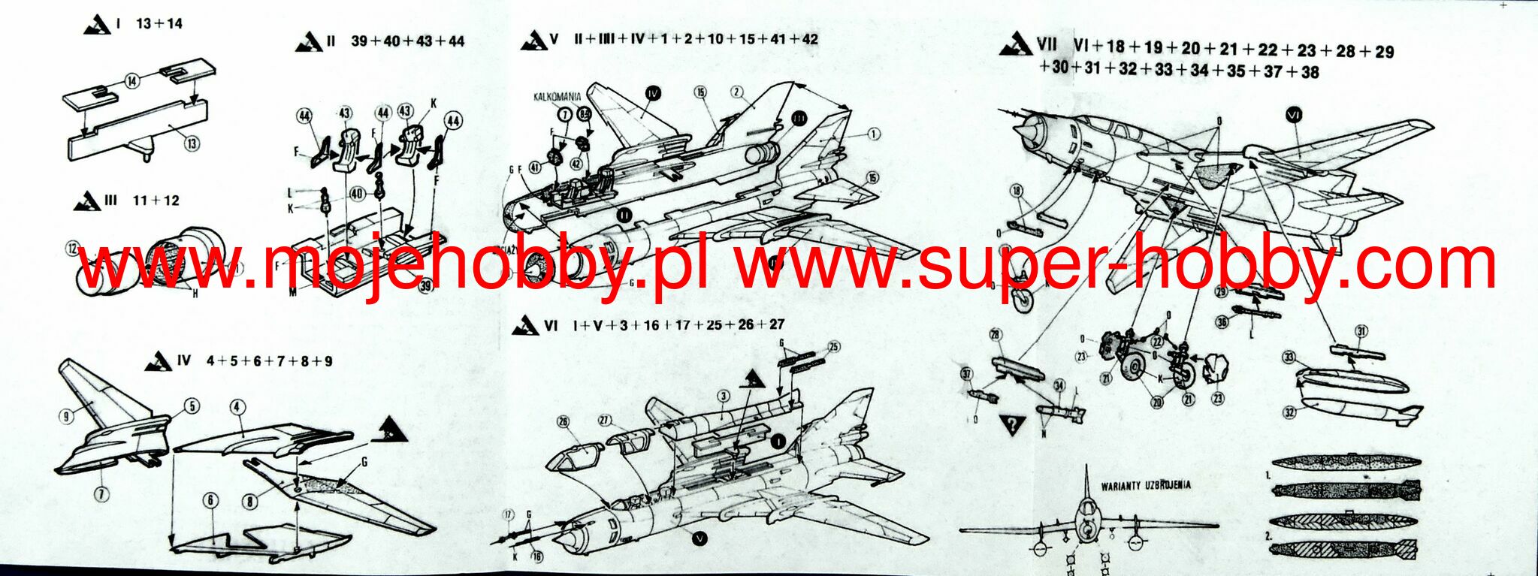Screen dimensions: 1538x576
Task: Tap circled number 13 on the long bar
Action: click(192, 140)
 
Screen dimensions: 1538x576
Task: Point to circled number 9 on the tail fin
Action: click(67, 415)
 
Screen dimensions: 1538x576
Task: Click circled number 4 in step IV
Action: click(237, 407)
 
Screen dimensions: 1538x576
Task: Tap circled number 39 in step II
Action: click(425, 286)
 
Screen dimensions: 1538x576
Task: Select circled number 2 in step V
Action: click(737, 92)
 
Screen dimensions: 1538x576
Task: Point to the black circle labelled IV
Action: click(652, 93)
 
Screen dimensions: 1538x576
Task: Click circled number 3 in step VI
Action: click(723, 396)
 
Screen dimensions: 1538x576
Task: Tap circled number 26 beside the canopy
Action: click(564, 422)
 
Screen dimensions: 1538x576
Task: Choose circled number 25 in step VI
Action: click(833, 346)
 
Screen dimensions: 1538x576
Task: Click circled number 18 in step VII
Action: click(1017, 191)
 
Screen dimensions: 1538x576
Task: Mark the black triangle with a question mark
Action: click(1013, 424)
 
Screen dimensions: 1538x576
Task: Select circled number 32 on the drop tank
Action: click(1289, 412)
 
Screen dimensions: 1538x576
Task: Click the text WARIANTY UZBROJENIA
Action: click(1146, 485)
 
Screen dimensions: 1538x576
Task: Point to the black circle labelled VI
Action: click(1294, 115)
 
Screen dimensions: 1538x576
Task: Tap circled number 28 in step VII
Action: click(996, 334)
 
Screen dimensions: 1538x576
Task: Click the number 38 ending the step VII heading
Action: click(1310, 72)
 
